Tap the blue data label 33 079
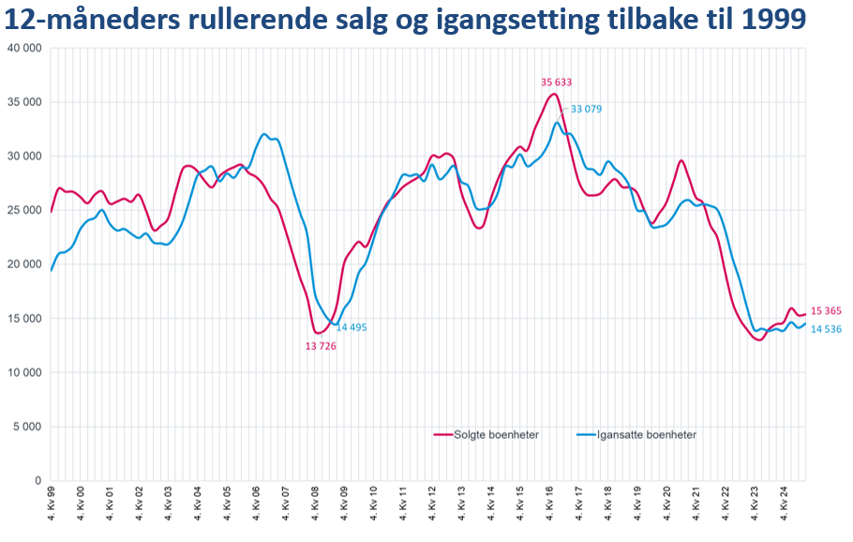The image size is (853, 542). pos(586,110)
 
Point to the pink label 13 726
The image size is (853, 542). pos(321,346)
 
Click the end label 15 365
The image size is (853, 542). pos(826,311)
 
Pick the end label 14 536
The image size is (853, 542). pos(826,329)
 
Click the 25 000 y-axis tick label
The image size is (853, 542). pos(23,210)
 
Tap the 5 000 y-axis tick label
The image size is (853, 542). pos(26,427)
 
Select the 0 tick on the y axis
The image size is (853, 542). pos(37,481)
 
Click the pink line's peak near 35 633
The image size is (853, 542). pos(555,94)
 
